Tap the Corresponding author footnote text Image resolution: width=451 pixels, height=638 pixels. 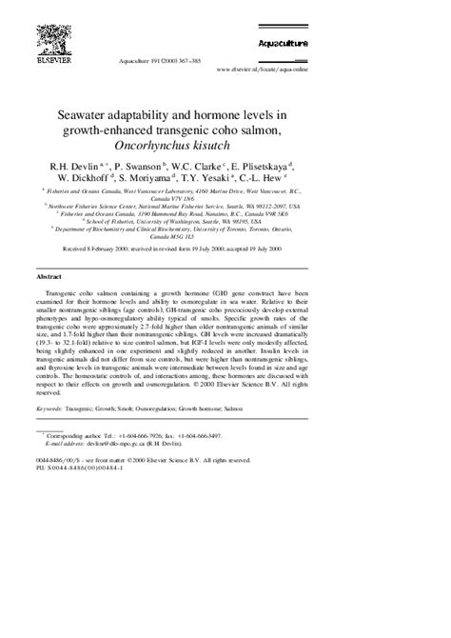[89, 435]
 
